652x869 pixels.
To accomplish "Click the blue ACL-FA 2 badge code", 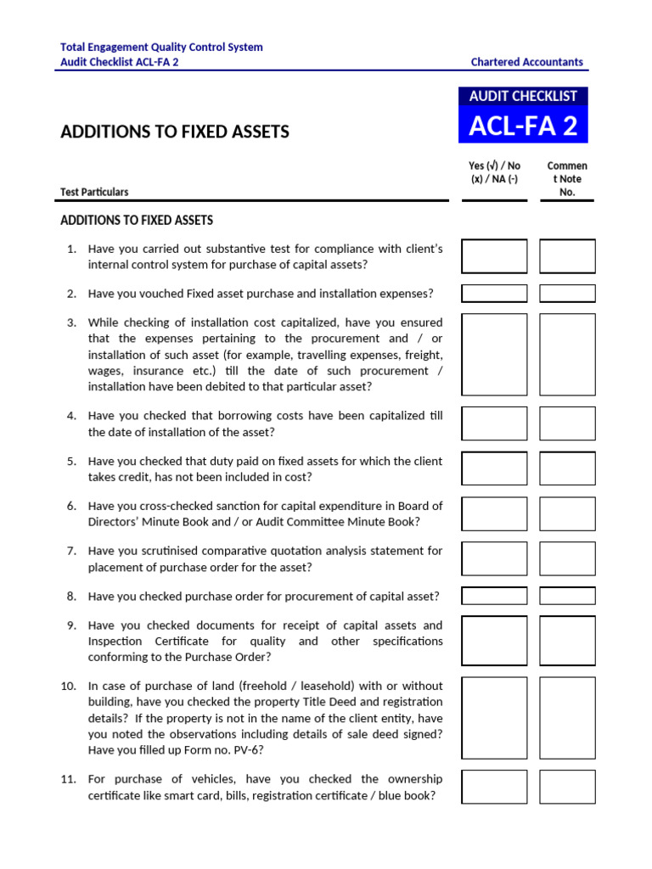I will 523,126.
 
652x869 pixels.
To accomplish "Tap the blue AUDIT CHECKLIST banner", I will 523,97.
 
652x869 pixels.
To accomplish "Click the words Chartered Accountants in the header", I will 527,62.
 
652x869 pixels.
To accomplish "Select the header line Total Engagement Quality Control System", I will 161,48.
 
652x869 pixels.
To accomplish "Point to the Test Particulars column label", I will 94,193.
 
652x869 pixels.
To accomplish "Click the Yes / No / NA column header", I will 494,179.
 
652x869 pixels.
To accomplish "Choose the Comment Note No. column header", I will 567,179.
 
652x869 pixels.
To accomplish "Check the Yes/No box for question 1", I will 494,256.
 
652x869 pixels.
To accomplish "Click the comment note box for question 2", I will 567,294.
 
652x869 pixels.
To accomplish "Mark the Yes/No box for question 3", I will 494,355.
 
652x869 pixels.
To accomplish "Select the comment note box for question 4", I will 567,423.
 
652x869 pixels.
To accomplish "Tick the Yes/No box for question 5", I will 494,468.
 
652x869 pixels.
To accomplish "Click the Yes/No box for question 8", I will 494,596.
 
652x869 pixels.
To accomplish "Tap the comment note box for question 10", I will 567,718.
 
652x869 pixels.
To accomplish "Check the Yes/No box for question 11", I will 494,787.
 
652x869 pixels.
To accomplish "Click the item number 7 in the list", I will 71,551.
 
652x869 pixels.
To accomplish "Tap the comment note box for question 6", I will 567,514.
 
